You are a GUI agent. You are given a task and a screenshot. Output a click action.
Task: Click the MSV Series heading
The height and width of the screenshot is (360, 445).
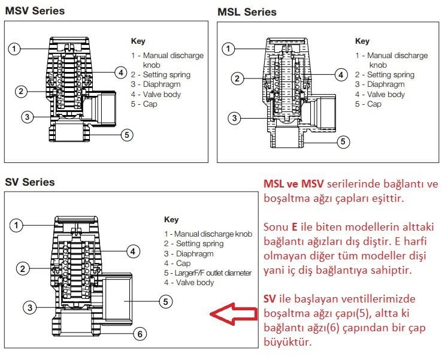(x=35, y=11)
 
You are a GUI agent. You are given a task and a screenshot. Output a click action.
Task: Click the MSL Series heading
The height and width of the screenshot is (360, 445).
(x=247, y=12)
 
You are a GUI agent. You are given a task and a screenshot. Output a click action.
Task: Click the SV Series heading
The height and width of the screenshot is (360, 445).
(x=30, y=181)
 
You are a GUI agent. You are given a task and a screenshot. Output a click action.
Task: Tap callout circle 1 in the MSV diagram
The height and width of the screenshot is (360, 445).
(x=16, y=48)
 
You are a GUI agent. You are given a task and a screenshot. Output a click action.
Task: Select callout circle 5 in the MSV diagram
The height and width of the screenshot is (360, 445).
(x=126, y=135)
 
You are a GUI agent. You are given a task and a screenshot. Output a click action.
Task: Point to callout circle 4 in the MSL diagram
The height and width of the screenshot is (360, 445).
(x=341, y=75)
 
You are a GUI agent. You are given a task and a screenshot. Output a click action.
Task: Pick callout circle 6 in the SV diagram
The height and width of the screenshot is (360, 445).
(x=139, y=334)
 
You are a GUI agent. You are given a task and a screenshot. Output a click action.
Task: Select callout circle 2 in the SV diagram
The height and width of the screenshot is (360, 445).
(x=23, y=268)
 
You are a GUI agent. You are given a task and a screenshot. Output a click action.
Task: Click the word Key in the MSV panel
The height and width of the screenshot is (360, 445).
(x=138, y=41)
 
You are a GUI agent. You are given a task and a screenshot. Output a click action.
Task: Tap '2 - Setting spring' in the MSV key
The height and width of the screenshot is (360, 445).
(x=161, y=75)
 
